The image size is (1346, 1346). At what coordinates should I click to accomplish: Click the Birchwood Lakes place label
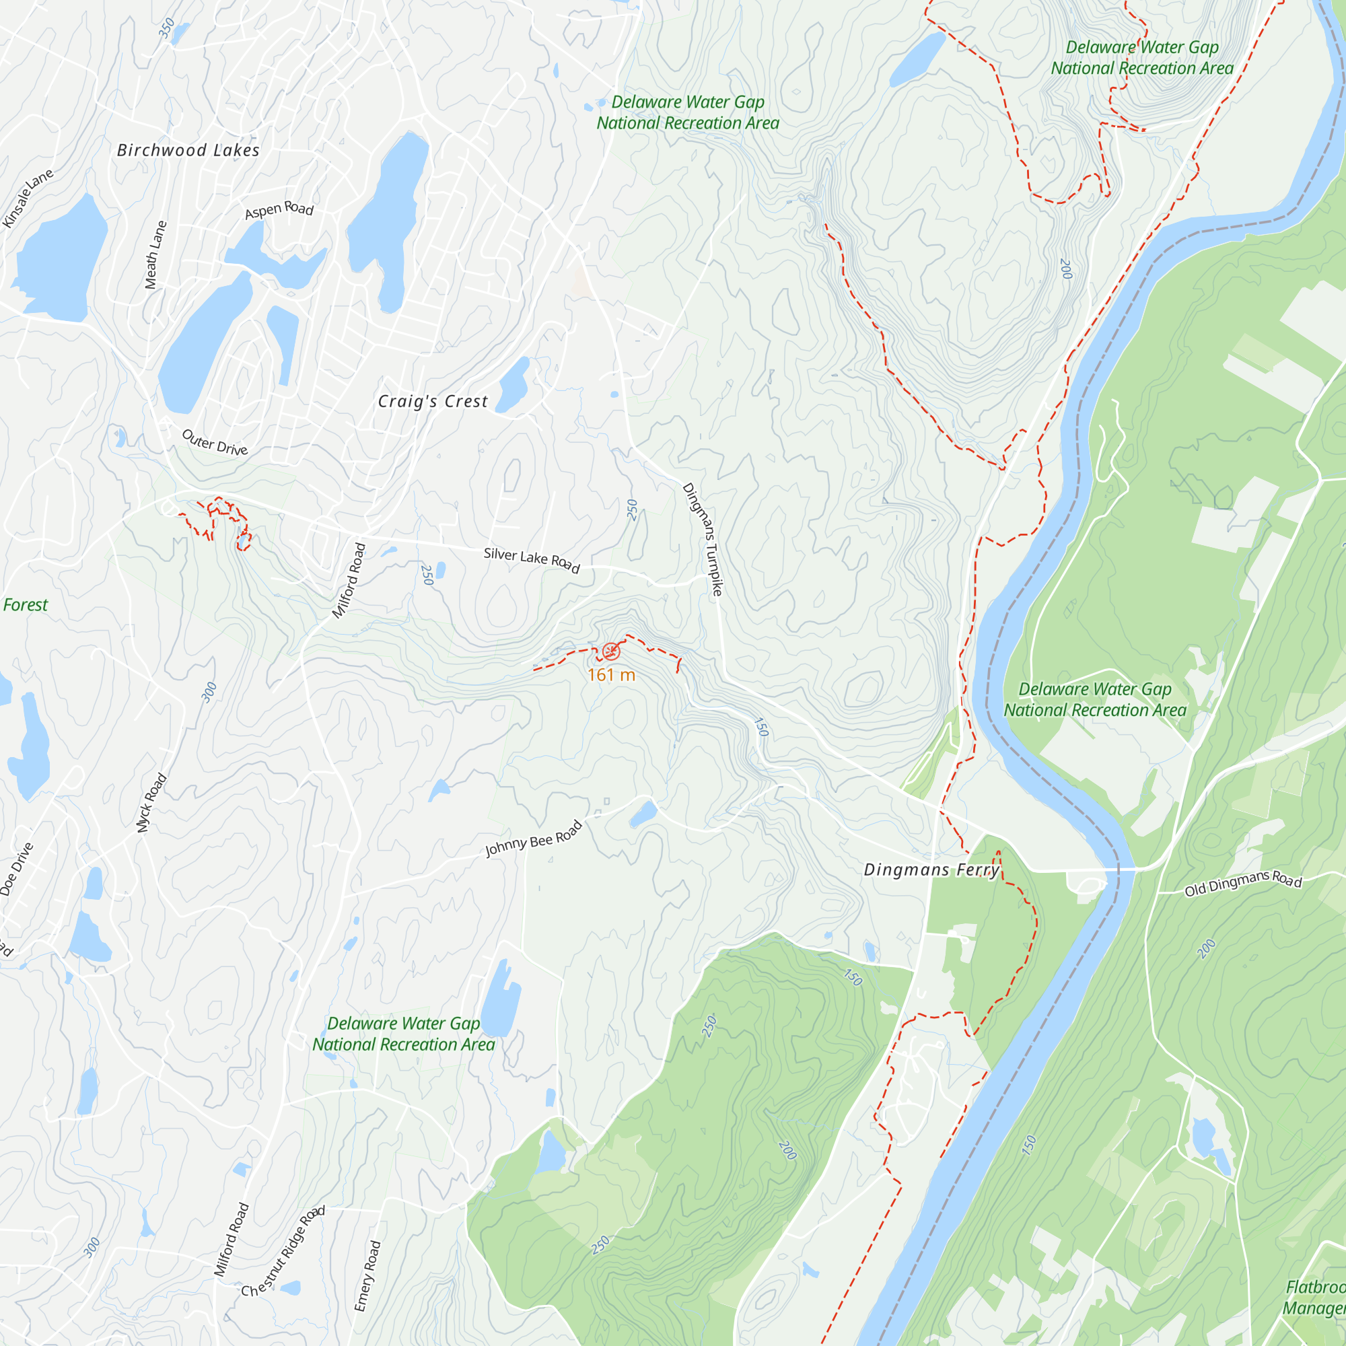click(x=188, y=151)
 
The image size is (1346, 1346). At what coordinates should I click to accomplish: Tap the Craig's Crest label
click(x=433, y=401)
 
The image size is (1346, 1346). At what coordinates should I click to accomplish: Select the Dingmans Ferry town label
click(x=932, y=870)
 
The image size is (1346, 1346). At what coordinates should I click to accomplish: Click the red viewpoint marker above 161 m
click(x=611, y=651)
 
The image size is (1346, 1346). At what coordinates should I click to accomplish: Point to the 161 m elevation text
click(x=611, y=675)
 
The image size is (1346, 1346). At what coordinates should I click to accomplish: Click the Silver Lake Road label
click(x=532, y=559)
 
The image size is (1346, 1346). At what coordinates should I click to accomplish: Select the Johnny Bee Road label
click(x=534, y=838)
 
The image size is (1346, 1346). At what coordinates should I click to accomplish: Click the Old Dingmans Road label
click(x=1243, y=883)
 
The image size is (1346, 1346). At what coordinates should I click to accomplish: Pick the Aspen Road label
click(x=279, y=210)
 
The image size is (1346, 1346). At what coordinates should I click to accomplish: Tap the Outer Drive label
click(x=215, y=442)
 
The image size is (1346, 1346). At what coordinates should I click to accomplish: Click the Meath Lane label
click(x=155, y=255)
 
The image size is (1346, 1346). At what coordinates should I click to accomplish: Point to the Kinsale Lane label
click(x=28, y=198)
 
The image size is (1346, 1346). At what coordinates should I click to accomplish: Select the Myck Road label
click(x=151, y=803)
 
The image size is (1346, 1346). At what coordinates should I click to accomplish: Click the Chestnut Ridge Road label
click(x=283, y=1252)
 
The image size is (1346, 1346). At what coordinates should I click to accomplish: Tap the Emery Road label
click(x=367, y=1275)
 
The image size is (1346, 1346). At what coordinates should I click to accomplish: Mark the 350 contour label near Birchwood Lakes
click(x=166, y=28)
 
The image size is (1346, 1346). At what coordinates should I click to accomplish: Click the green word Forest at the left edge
click(x=25, y=605)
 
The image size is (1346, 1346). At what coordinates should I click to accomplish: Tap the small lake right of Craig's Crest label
click(x=514, y=384)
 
